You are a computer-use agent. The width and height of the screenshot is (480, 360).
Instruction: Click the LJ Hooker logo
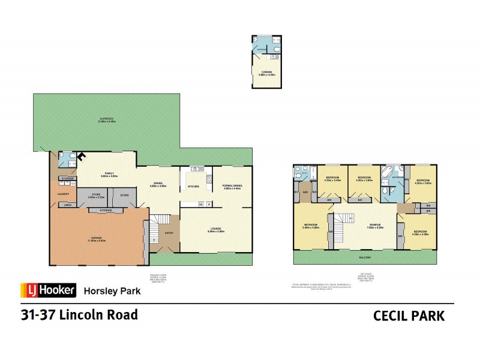coord(49,290)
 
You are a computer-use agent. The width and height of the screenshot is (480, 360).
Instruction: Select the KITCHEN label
coord(193,187)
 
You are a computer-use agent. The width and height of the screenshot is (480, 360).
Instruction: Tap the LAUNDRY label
coord(64,194)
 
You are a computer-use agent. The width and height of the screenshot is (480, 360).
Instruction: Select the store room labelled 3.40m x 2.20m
coord(96,196)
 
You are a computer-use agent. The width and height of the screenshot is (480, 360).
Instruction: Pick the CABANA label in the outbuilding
coord(266,73)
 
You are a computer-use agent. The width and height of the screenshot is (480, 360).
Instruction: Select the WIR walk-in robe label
coord(305,192)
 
